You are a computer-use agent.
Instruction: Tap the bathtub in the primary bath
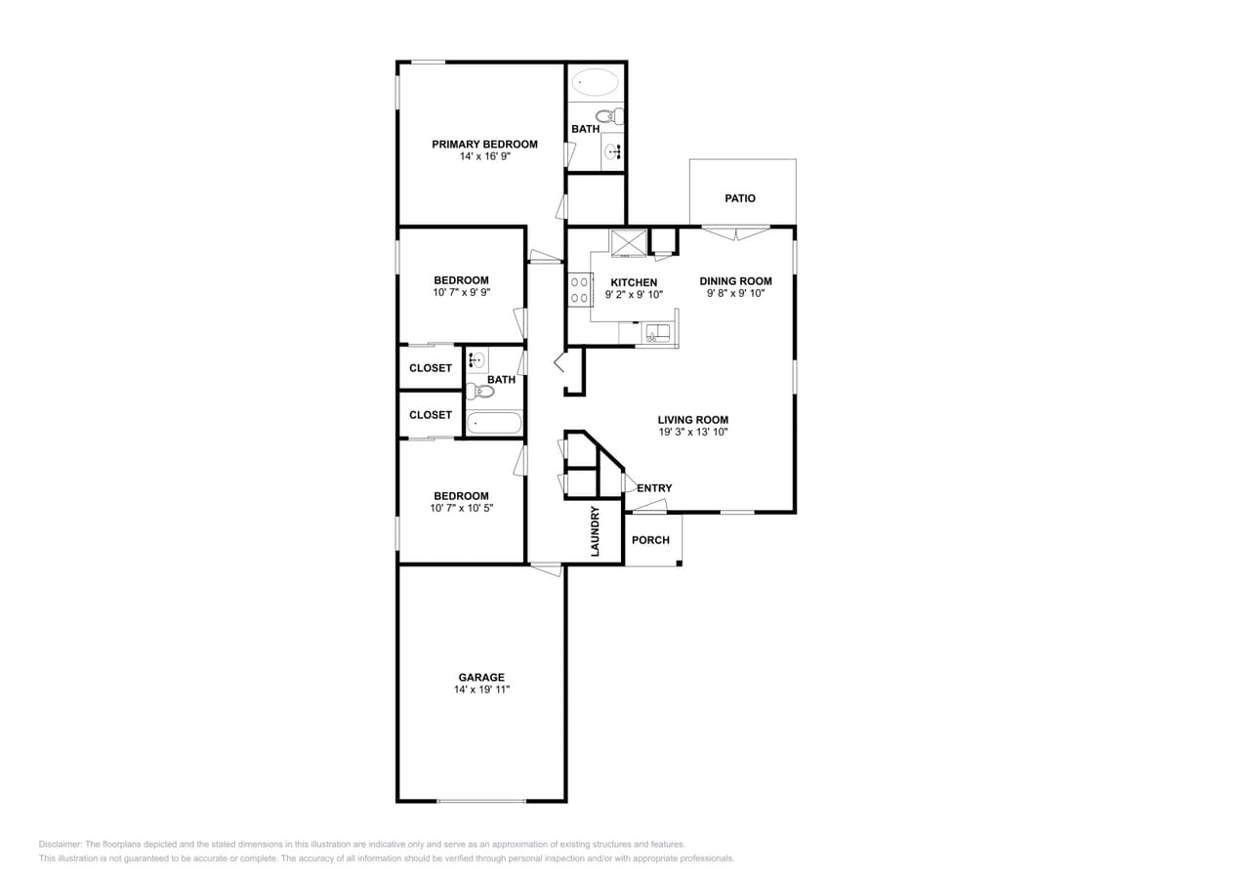(595, 82)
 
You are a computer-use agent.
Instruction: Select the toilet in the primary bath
(609, 117)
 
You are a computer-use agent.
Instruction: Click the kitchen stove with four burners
(579, 290)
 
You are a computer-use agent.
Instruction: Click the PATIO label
(740, 198)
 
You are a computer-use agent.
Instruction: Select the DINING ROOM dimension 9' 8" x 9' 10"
(735, 293)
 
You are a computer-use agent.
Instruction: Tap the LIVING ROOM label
(692, 420)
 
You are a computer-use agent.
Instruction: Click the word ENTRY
(654, 488)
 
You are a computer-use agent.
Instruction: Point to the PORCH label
(650, 540)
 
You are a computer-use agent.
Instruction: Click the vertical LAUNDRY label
(595, 531)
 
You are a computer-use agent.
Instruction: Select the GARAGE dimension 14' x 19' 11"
(481, 690)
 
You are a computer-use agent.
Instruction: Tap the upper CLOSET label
(431, 368)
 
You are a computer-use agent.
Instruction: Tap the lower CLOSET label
(431, 415)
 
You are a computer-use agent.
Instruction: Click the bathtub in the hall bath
(494, 424)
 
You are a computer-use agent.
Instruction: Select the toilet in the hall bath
(481, 392)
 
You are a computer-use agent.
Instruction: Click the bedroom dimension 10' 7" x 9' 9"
(461, 293)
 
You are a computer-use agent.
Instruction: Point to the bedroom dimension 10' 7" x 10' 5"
(461, 508)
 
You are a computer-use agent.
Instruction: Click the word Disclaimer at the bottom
(60, 845)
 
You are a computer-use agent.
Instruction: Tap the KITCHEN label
(634, 282)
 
